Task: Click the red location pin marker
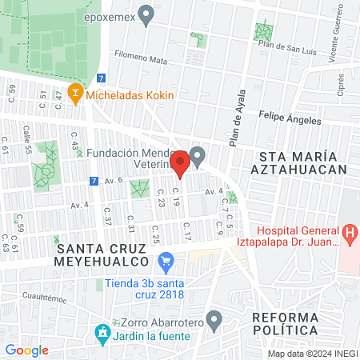click(x=181, y=162)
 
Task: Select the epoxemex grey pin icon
click(x=146, y=14)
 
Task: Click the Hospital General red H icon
click(x=349, y=232)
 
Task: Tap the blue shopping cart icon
click(x=166, y=260)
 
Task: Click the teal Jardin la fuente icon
click(x=102, y=332)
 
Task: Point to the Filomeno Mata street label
click(x=141, y=59)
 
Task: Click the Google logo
click(x=26, y=350)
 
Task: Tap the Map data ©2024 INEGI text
click(x=311, y=354)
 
